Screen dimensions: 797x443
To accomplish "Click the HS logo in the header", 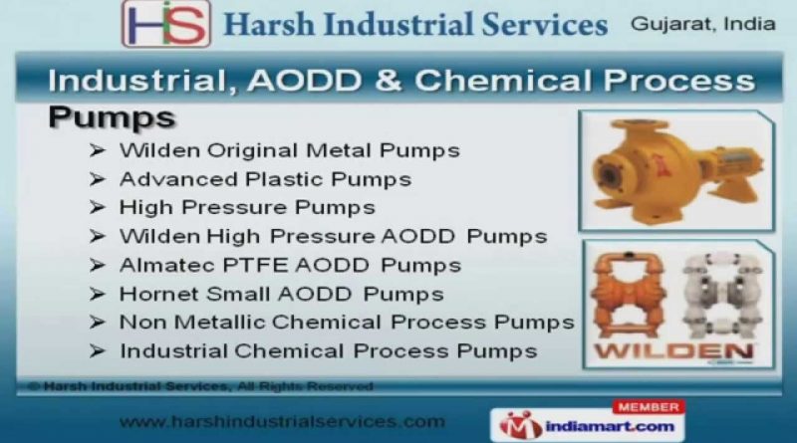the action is click(x=166, y=24).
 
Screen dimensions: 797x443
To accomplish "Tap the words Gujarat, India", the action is click(x=703, y=24).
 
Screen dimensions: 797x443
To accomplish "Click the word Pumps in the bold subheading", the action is click(x=112, y=117).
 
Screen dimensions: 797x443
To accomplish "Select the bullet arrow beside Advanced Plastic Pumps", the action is click(x=97, y=179).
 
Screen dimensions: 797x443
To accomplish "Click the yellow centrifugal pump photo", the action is click(x=676, y=170).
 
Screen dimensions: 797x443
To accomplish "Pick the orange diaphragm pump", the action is click(x=629, y=295).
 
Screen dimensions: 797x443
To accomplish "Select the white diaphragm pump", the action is click(x=723, y=295).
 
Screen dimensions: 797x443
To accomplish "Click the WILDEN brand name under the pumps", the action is click(x=674, y=351).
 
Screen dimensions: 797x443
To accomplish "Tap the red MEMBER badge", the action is click(x=649, y=407).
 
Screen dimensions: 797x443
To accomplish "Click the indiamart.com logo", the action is click(x=587, y=425).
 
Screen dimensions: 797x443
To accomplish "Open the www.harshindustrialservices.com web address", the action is click(x=282, y=422).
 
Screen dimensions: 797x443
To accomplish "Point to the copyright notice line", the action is click(x=201, y=386).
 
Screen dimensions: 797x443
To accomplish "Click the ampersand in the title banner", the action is click(x=389, y=81).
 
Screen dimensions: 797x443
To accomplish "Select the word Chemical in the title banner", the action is click(x=503, y=81).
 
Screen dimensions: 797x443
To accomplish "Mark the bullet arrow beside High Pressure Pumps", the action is click(x=97, y=207).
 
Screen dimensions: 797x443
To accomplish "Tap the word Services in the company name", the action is click(x=544, y=24).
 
